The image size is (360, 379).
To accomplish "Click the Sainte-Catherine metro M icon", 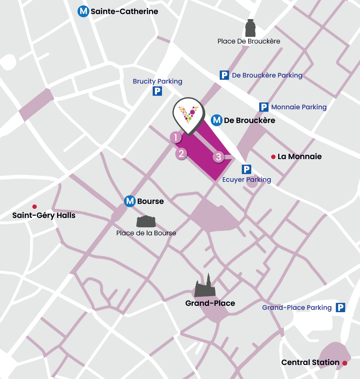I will [x=83, y=11].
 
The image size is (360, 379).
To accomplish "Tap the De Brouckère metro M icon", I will [x=217, y=120].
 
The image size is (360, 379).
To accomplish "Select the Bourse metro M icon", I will [x=130, y=201].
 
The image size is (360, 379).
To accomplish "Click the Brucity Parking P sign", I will [x=157, y=91].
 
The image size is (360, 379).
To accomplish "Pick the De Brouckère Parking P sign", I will [x=224, y=75].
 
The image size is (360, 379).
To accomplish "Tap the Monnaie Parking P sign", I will [x=264, y=107].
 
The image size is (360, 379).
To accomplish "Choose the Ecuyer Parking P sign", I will [x=246, y=169].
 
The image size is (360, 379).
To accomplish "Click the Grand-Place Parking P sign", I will [x=340, y=307].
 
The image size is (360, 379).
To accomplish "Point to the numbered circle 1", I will [x=176, y=137].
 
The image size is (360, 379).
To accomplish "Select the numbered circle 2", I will [x=181, y=154].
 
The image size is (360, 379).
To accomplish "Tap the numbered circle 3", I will [x=219, y=157].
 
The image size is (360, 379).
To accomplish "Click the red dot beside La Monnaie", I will [x=273, y=157].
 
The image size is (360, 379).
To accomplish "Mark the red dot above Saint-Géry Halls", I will [x=34, y=207].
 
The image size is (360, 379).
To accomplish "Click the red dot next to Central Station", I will [x=345, y=363].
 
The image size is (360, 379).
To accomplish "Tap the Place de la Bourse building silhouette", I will [x=146, y=222].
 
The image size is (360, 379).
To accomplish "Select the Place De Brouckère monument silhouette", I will [x=250, y=28].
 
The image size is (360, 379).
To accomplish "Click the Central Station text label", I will [x=310, y=363].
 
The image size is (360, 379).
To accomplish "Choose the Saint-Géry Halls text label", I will [x=44, y=216].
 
